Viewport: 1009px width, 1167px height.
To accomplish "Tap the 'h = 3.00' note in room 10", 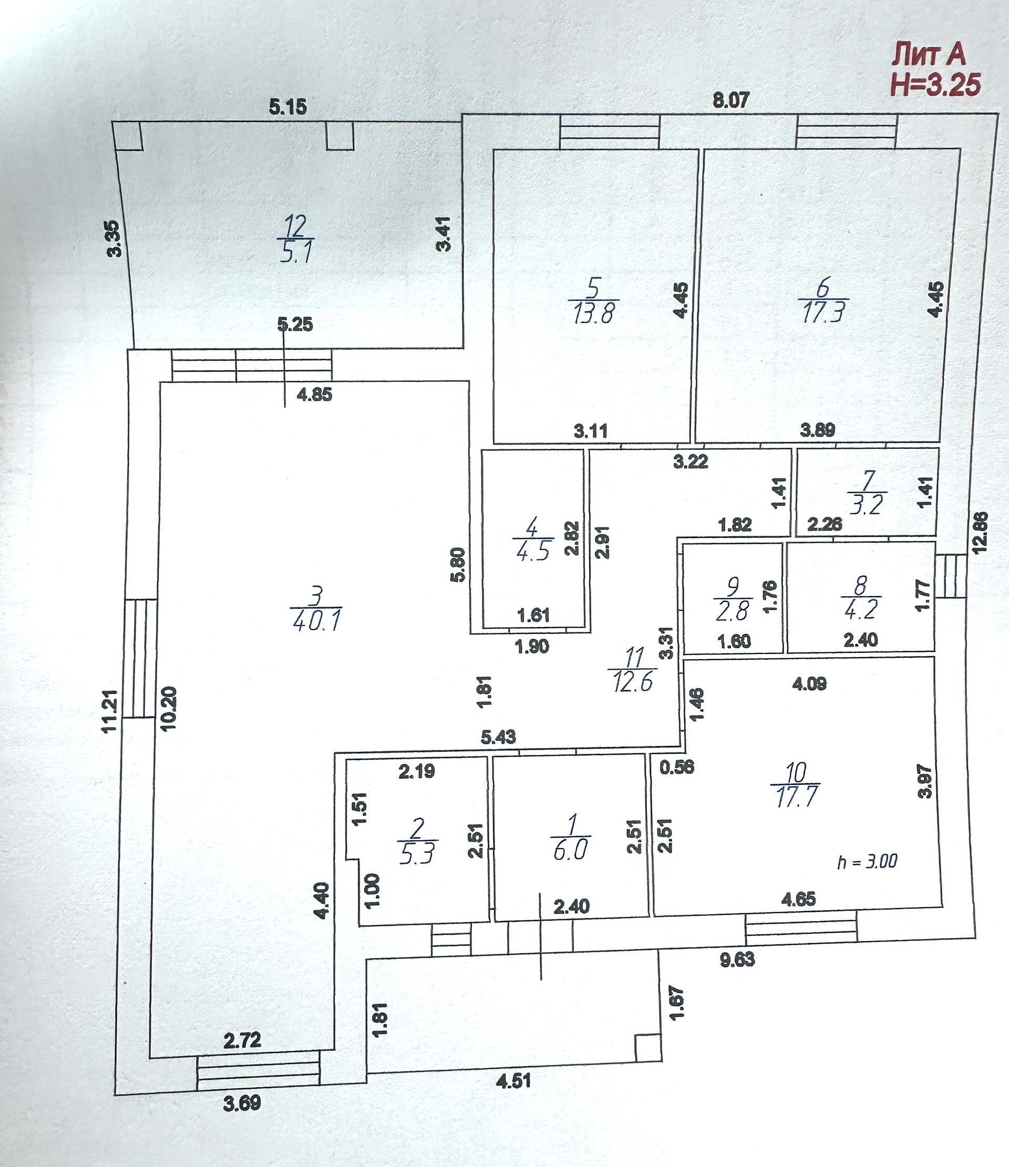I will coord(867,862).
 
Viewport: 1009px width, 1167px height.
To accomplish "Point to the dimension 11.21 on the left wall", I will coord(110,711).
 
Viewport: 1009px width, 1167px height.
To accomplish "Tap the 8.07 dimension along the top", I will coord(731,100).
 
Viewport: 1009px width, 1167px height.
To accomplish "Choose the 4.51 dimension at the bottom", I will coord(513,1081).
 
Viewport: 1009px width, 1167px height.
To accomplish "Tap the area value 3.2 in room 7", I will coord(867,505).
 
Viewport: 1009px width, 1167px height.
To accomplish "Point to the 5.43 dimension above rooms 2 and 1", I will coord(499,736).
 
